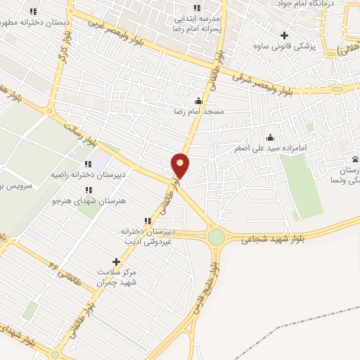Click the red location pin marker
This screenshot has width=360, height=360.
[x=181, y=166]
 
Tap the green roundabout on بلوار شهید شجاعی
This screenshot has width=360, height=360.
[x=216, y=238]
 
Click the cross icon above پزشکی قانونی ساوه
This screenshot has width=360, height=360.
[x=284, y=35]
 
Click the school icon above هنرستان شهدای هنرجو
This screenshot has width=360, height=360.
[x=88, y=190]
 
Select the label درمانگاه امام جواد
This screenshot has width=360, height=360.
[x=323, y=4]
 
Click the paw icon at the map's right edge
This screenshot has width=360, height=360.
[x=356, y=159]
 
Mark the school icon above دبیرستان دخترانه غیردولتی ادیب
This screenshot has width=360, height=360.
[x=148, y=221]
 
